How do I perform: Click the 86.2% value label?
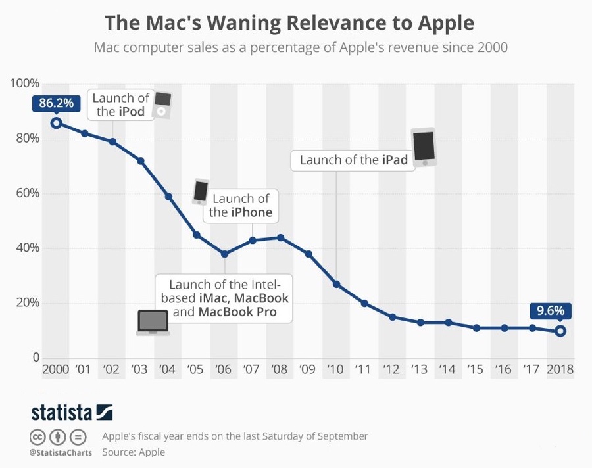pyautogui.click(x=56, y=104)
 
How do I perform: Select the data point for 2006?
pyautogui.click(x=224, y=254)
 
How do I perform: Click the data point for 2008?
pyautogui.click(x=281, y=237)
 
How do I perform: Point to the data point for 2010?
pyautogui.click(x=337, y=284)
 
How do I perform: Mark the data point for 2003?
pyautogui.click(x=140, y=161)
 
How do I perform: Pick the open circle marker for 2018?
pyautogui.click(x=560, y=331)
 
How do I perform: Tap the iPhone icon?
pyautogui.click(x=200, y=191)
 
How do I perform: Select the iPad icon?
pyautogui.click(x=424, y=147)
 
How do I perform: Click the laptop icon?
pyautogui.click(x=153, y=322)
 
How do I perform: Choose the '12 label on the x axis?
pyautogui.click(x=392, y=369)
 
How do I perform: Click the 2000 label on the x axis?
pyautogui.click(x=56, y=369)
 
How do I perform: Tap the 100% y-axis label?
pyautogui.click(x=24, y=84)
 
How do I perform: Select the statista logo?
pyautogui.click(x=72, y=412)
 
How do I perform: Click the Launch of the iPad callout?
pyautogui.click(x=354, y=160)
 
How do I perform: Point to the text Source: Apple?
pyautogui.click(x=134, y=452)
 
